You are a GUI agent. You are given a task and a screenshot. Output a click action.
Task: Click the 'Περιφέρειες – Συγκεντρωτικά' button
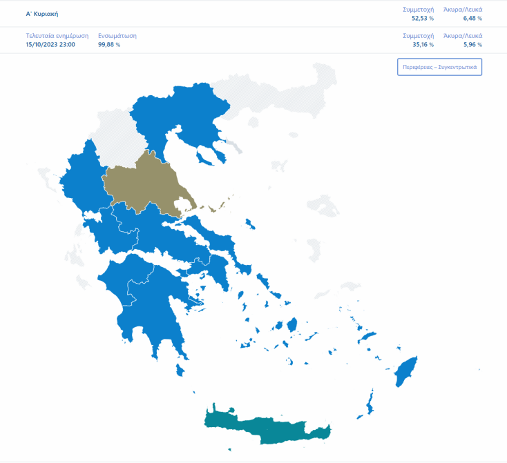click(x=439, y=68)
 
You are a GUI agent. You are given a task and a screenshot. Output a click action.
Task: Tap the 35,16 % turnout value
click(x=422, y=45)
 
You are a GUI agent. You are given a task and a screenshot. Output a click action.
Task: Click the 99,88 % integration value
click(x=109, y=45)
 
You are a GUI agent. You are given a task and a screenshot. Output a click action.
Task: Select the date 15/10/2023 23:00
click(x=50, y=45)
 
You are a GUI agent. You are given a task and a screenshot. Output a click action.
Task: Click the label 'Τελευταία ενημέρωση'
click(x=57, y=36)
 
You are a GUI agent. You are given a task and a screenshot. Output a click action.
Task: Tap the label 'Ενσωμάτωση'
click(x=117, y=36)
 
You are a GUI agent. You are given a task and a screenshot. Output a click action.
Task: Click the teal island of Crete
click(x=269, y=428)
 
